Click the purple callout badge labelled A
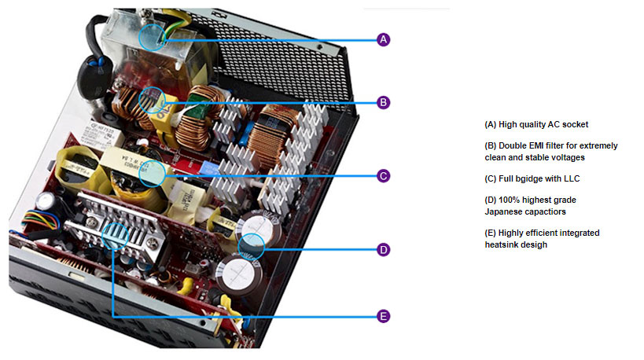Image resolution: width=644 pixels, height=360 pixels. pyautogui.click(x=383, y=39)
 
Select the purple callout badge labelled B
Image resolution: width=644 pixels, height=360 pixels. pyautogui.click(x=383, y=101)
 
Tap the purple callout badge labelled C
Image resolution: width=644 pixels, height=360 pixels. pyautogui.click(x=383, y=175)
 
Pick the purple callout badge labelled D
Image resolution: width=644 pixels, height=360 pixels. pyautogui.click(x=383, y=250)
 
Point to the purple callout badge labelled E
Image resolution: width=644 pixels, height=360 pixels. pyautogui.click(x=383, y=316)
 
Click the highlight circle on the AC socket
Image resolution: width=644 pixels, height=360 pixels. pyautogui.click(x=153, y=36)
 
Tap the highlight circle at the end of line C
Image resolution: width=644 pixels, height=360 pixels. pyautogui.click(x=152, y=174)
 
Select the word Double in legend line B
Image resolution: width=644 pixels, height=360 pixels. pyautogui.click(x=513, y=146)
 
